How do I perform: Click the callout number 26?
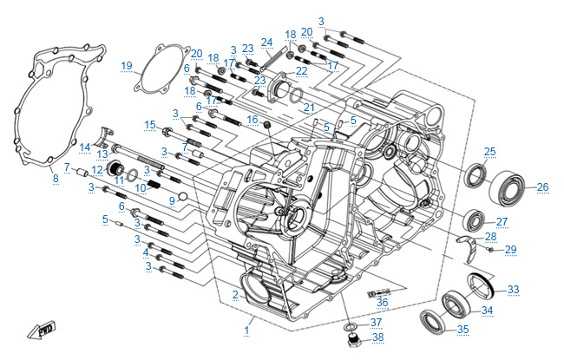[542, 187]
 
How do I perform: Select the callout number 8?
[55, 179]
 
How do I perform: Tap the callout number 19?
[127, 66]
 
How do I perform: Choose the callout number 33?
[513, 289]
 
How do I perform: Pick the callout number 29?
[510, 250]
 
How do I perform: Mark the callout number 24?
[267, 42]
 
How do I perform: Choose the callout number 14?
[86, 147]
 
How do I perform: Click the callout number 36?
[383, 301]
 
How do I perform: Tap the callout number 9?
[173, 200]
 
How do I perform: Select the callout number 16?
[252, 120]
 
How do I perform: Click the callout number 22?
[301, 70]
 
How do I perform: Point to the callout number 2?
[234, 296]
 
